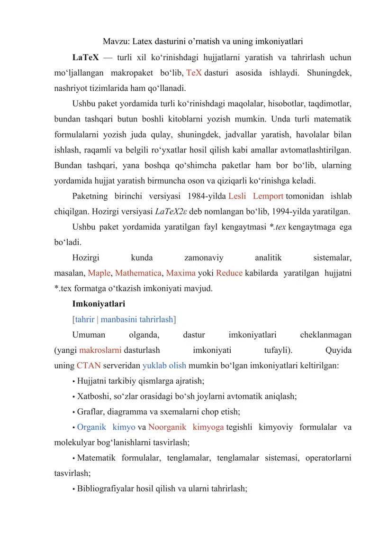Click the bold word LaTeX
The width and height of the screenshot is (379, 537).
tap(85, 58)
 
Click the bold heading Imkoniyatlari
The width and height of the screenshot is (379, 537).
tap(99, 304)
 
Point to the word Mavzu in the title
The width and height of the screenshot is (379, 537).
tap(115, 41)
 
